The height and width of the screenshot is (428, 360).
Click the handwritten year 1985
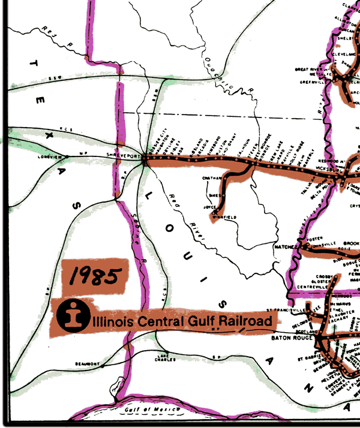tap(95, 276)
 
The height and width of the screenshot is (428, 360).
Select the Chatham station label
tap(209, 177)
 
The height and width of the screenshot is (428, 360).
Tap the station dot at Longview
tap(67, 157)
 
